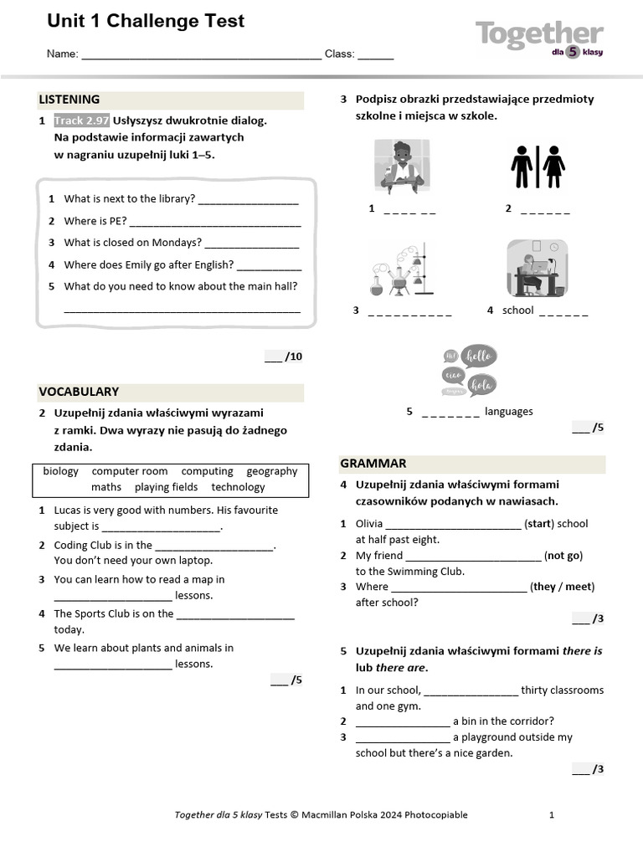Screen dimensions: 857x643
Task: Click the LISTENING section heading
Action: pyautogui.click(x=69, y=100)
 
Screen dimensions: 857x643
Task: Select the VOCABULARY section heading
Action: pyautogui.click(x=79, y=392)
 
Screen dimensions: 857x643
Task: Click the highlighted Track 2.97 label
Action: pyautogui.click(x=81, y=121)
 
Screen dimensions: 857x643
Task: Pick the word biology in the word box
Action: pyautogui.click(x=60, y=471)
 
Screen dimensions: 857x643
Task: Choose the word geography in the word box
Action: pyautogui.click(x=271, y=471)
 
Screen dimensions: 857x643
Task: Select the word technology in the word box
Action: pyautogui.click(x=238, y=487)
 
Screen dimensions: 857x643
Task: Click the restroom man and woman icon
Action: pyautogui.click(x=538, y=167)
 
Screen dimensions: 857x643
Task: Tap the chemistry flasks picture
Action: pyautogui.click(x=399, y=269)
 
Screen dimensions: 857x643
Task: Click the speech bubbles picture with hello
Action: pyautogui.click(x=469, y=371)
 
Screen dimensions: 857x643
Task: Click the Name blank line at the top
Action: pyautogui.click(x=201, y=54)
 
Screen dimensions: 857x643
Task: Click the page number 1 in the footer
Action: pyautogui.click(x=551, y=815)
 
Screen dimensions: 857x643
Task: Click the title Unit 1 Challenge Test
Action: pyautogui.click(x=146, y=21)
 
